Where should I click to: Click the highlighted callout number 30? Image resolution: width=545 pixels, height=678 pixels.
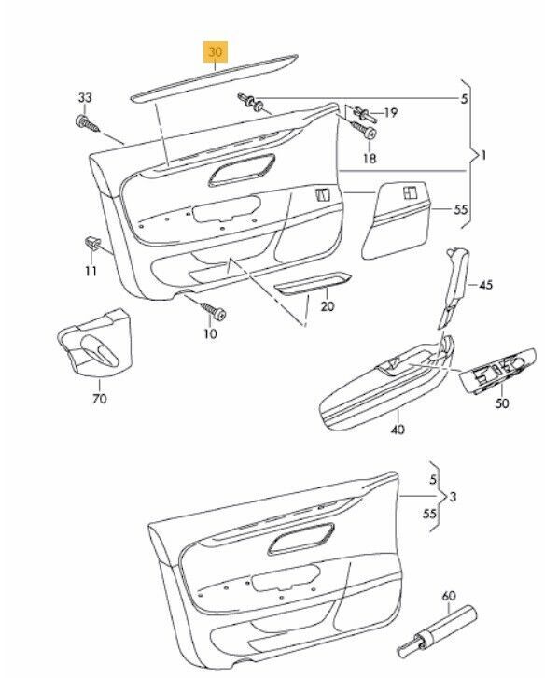[216, 52]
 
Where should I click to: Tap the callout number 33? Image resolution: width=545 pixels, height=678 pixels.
[85, 98]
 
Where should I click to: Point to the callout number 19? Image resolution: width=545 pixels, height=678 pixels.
[390, 113]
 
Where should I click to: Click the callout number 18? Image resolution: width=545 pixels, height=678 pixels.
[370, 158]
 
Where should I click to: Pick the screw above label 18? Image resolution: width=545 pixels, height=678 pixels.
[364, 129]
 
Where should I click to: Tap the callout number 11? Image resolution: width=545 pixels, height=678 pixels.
[91, 271]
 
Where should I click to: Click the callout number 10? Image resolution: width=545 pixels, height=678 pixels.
[211, 333]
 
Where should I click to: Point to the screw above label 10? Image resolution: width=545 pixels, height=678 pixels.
[213, 310]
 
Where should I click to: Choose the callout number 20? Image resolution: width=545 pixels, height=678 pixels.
[328, 306]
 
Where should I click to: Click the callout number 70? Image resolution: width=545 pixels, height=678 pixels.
[100, 398]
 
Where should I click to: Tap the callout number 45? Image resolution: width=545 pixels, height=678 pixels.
[486, 285]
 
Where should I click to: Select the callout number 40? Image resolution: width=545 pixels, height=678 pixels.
[398, 430]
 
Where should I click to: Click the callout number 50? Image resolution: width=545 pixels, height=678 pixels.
[502, 403]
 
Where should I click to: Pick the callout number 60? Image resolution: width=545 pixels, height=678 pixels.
[449, 596]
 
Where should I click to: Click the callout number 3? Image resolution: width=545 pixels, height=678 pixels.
[453, 497]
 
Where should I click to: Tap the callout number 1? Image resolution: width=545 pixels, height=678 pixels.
[483, 155]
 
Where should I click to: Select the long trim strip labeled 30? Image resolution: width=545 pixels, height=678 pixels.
[214, 78]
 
